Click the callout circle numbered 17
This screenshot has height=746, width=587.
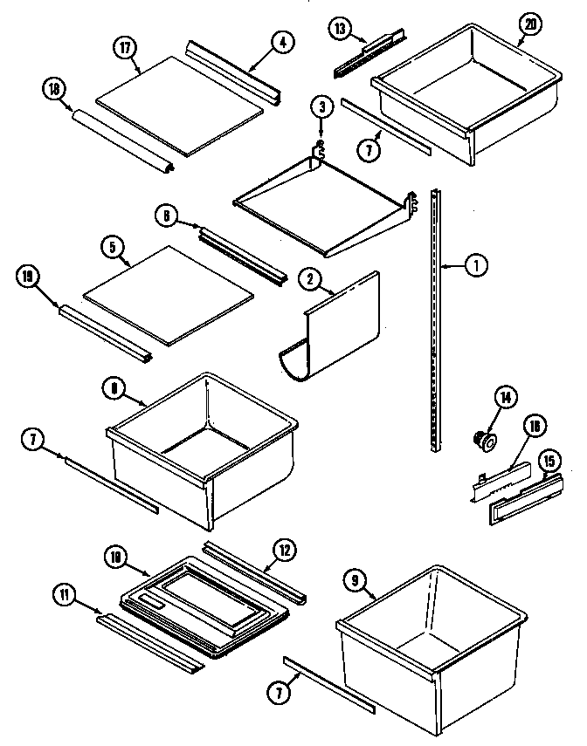[x=128, y=47]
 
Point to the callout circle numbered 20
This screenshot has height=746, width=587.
[x=528, y=25]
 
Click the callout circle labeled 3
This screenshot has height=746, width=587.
[x=322, y=107]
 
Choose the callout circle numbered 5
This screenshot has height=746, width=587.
[x=113, y=247]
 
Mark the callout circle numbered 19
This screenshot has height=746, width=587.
[x=27, y=278]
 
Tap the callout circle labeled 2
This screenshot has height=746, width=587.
[x=309, y=281]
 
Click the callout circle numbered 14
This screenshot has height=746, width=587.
[x=504, y=396]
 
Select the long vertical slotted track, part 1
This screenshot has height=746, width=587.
[x=438, y=323]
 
